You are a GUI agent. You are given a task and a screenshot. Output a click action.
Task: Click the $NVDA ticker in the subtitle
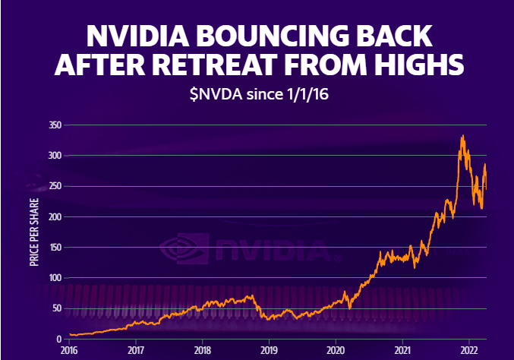pyautogui.click(x=216, y=96)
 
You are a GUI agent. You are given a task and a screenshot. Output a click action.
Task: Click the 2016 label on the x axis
pyautogui.click(x=69, y=350)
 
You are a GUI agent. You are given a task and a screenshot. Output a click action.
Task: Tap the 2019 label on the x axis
pyautogui.click(x=269, y=350)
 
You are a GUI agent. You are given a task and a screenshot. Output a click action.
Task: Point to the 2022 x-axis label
pyautogui.click(x=468, y=350)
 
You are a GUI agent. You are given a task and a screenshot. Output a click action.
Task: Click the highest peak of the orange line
pyautogui.click(x=463, y=136)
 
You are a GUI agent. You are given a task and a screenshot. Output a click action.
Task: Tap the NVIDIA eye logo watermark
pyautogui.click(x=181, y=248)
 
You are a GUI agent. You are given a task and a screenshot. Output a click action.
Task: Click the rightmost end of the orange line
pyautogui.click(x=486, y=188)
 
